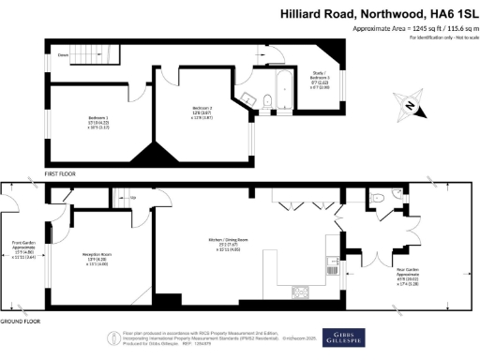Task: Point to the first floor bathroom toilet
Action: point(267,101)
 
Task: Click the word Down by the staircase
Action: point(63,55)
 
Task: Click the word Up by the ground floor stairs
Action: point(133,198)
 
